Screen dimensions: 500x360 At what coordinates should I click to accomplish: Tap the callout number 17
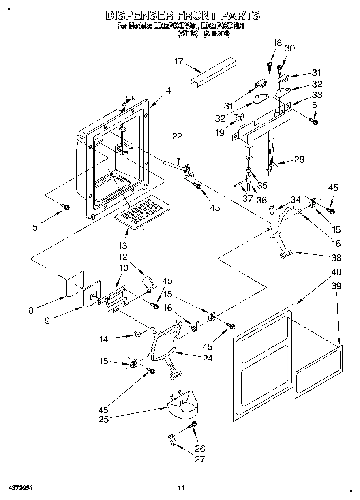[x=179, y=62]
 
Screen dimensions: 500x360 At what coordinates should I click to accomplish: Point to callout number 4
[x=168, y=91]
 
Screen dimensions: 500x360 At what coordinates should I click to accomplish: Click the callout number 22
[x=177, y=137]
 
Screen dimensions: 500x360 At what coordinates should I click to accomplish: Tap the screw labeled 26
[x=193, y=424]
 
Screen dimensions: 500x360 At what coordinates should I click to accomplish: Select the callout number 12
[x=123, y=257]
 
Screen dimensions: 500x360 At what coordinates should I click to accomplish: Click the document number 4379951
[x=20, y=488]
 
